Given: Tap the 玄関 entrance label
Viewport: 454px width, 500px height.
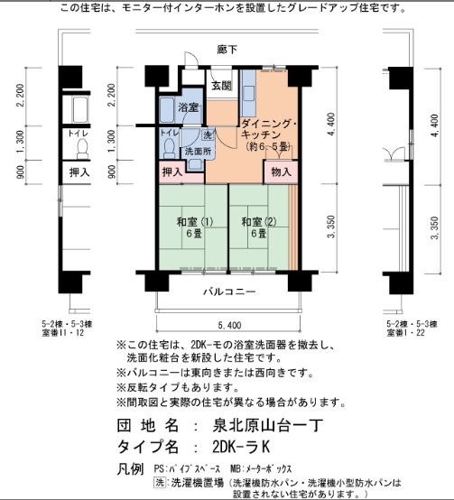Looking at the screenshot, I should pyautogui.click(x=221, y=86).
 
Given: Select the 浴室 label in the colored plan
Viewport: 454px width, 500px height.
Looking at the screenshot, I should pyautogui.click(x=188, y=108).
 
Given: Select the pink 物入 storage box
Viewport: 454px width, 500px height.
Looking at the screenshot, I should pyautogui.click(x=281, y=171).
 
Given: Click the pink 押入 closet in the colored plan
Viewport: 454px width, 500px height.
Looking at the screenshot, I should pyautogui.click(x=171, y=171).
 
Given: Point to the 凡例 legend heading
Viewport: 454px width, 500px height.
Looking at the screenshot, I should pyautogui.click(x=130, y=469).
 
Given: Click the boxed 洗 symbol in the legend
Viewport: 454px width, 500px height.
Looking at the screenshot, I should pyautogui.click(x=160, y=484).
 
